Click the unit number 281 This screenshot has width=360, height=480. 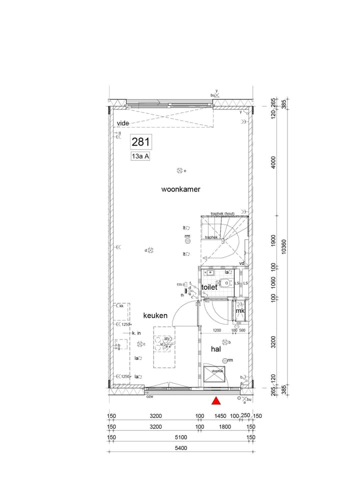[140, 142]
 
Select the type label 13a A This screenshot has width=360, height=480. [140, 156]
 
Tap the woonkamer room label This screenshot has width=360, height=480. [180, 189]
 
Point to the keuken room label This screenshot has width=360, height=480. [155, 315]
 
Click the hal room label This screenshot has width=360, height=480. [215, 349]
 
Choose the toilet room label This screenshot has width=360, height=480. [209, 287]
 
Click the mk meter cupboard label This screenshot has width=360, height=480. [240, 311]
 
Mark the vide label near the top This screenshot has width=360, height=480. [123, 123]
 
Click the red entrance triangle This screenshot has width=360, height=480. [216, 400]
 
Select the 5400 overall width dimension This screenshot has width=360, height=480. [180, 448]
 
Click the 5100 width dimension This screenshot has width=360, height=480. [180, 437]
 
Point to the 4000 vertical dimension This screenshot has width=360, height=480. [273, 163]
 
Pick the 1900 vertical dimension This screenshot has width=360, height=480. [273, 240]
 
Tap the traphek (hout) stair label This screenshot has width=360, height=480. [222, 213]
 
